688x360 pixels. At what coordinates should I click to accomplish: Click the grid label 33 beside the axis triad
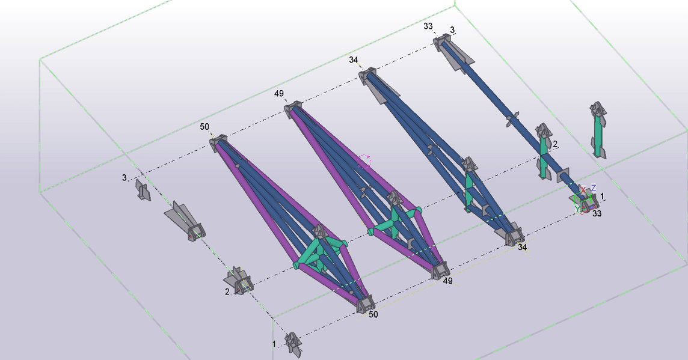[597, 213]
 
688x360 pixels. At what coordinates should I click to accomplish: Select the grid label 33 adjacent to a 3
[428, 26]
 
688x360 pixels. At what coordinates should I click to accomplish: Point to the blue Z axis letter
[593, 188]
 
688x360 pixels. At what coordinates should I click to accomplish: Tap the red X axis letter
[583, 189]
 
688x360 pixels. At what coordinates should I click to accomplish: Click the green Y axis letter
[577, 209]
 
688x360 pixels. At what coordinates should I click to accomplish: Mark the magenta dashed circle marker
[364, 161]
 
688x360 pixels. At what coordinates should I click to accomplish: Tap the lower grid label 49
[447, 281]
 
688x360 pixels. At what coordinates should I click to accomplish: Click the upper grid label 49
[278, 93]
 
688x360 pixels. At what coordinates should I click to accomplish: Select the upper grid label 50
[204, 127]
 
